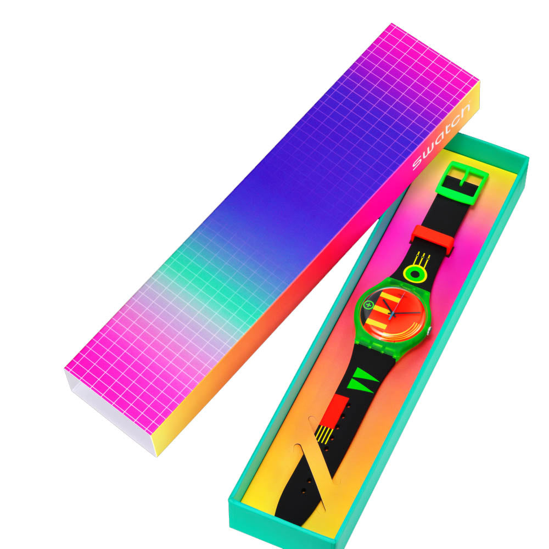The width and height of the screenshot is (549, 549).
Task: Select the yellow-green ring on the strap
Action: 416,273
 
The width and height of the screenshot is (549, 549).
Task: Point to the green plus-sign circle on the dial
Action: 368,305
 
